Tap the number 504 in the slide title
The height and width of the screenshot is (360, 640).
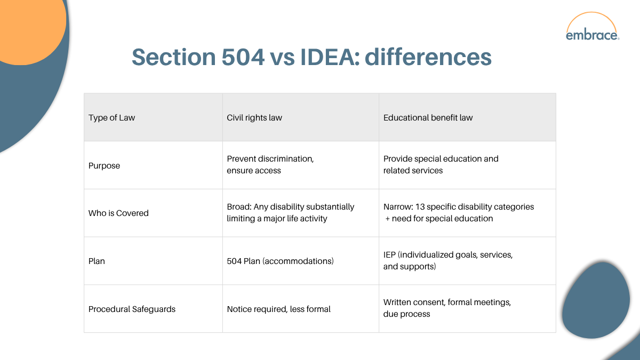tap(242, 58)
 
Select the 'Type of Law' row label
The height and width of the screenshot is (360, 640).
tap(111, 118)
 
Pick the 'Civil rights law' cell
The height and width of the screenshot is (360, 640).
tap(254, 118)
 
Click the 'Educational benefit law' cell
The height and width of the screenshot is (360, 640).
tap(428, 118)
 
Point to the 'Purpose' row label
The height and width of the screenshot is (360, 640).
tap(104, 165)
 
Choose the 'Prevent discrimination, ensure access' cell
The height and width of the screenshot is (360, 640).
tap(270, 165)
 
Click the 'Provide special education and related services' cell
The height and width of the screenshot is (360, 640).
tap(441, 165)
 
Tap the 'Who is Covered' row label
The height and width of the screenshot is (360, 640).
tap(118, 213)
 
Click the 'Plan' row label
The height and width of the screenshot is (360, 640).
tap(97, 261)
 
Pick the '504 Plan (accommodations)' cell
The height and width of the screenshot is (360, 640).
tap(280, 261)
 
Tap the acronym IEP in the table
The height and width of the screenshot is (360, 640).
tap(389, 255)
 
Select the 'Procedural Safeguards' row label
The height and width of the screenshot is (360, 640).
tap(132, 309)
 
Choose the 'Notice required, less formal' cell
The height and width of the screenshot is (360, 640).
tap(278, 309)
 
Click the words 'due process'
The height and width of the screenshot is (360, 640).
tap(406, 314)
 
